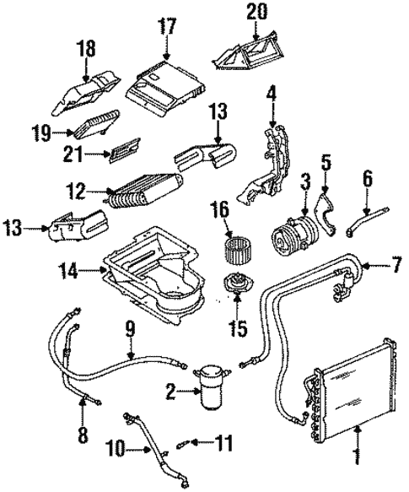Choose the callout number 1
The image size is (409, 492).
coord(355,458)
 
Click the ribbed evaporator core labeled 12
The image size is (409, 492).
coord(139,194)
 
